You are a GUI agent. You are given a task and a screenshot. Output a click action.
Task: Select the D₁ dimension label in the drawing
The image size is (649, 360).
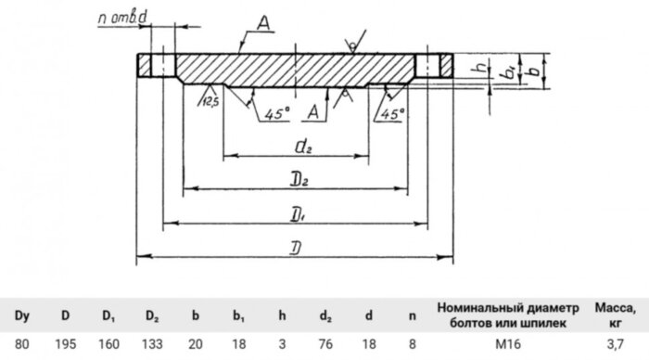[x=297, y=214]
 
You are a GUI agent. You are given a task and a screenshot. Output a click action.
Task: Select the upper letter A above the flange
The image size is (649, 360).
[x=263, y=26]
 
